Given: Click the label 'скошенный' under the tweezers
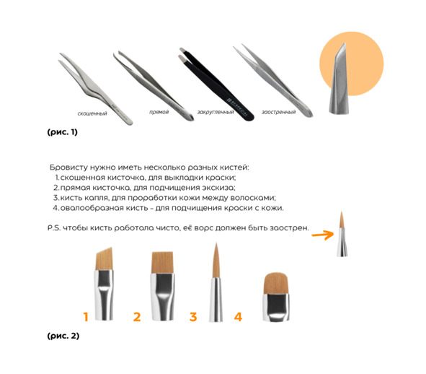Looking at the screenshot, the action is [x=92, y=113].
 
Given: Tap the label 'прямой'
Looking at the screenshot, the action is [x=159, y=112].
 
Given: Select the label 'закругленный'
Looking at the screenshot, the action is [x=216, y=112].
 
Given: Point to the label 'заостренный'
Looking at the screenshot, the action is [x=278, y=112].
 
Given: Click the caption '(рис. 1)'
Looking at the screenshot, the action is [x=63, y=132].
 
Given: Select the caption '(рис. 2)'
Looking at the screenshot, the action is [x=63, y=336].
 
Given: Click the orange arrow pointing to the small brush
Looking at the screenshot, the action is [x=323, y=235].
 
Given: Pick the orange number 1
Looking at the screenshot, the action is [x=86, y=317].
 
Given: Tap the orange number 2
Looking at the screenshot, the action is [x=137, y=317].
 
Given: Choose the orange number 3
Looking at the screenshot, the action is [x=193, y=317].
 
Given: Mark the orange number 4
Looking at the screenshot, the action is [x=238, y=317].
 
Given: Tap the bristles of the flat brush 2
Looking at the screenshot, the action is [x=162, y=262].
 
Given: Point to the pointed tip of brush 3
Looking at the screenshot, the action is [x=216, y=243].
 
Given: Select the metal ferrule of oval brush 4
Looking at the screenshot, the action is [x=276, y=307].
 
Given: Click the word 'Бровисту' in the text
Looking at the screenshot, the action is [x=68, y=168].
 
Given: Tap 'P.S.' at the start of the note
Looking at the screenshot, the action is [x=54, y=228].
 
